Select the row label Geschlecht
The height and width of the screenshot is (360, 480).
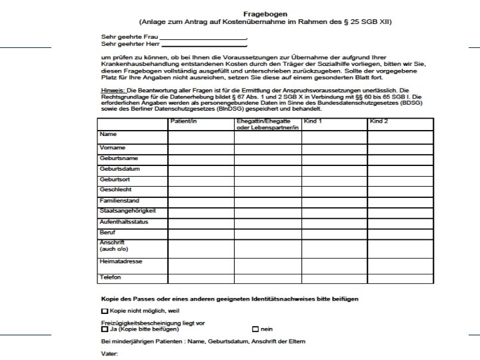tap(115, 190)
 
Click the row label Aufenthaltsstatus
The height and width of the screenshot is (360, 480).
tap(123, 221)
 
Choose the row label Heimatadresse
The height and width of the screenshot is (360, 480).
tap(121, 261)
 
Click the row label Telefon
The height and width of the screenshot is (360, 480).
tap(110, 277)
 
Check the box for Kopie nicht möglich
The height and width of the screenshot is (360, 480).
tap(104, 311)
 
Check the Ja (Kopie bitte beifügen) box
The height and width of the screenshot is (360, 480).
tap(104, 329)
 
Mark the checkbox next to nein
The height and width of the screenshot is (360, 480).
tap(255, 329)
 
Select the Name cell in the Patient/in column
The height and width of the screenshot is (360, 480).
tap(201, 137)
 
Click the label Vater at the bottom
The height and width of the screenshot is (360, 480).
tap(109, 354)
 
